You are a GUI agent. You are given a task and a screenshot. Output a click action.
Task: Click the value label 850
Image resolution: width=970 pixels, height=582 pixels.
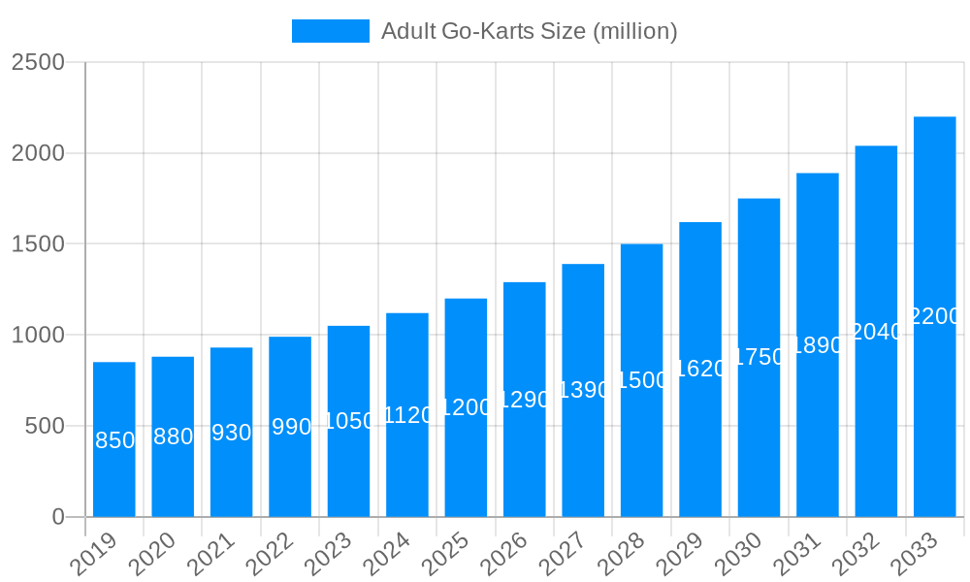114,440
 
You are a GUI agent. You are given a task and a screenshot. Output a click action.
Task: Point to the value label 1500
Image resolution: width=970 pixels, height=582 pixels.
641,380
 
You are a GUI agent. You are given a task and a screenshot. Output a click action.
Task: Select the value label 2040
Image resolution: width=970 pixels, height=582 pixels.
876,332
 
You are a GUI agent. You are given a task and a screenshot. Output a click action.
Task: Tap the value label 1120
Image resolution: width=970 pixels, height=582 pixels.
407,415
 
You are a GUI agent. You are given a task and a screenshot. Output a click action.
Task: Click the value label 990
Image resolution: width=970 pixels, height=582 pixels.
290,427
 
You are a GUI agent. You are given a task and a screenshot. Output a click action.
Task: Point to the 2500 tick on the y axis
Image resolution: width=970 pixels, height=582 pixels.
38,63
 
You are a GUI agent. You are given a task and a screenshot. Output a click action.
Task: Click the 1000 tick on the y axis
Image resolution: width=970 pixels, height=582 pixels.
38,336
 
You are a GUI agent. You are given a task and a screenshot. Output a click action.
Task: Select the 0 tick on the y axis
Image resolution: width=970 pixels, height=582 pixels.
58,517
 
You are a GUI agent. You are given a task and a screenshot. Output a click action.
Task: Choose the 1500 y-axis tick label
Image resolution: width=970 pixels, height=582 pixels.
38,244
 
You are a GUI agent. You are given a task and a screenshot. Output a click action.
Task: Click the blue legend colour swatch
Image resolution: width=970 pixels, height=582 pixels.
331,31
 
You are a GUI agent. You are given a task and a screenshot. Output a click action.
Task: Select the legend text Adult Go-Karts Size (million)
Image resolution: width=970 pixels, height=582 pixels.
529,31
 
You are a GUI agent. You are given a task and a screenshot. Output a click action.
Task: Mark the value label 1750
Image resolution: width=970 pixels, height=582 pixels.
759,357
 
